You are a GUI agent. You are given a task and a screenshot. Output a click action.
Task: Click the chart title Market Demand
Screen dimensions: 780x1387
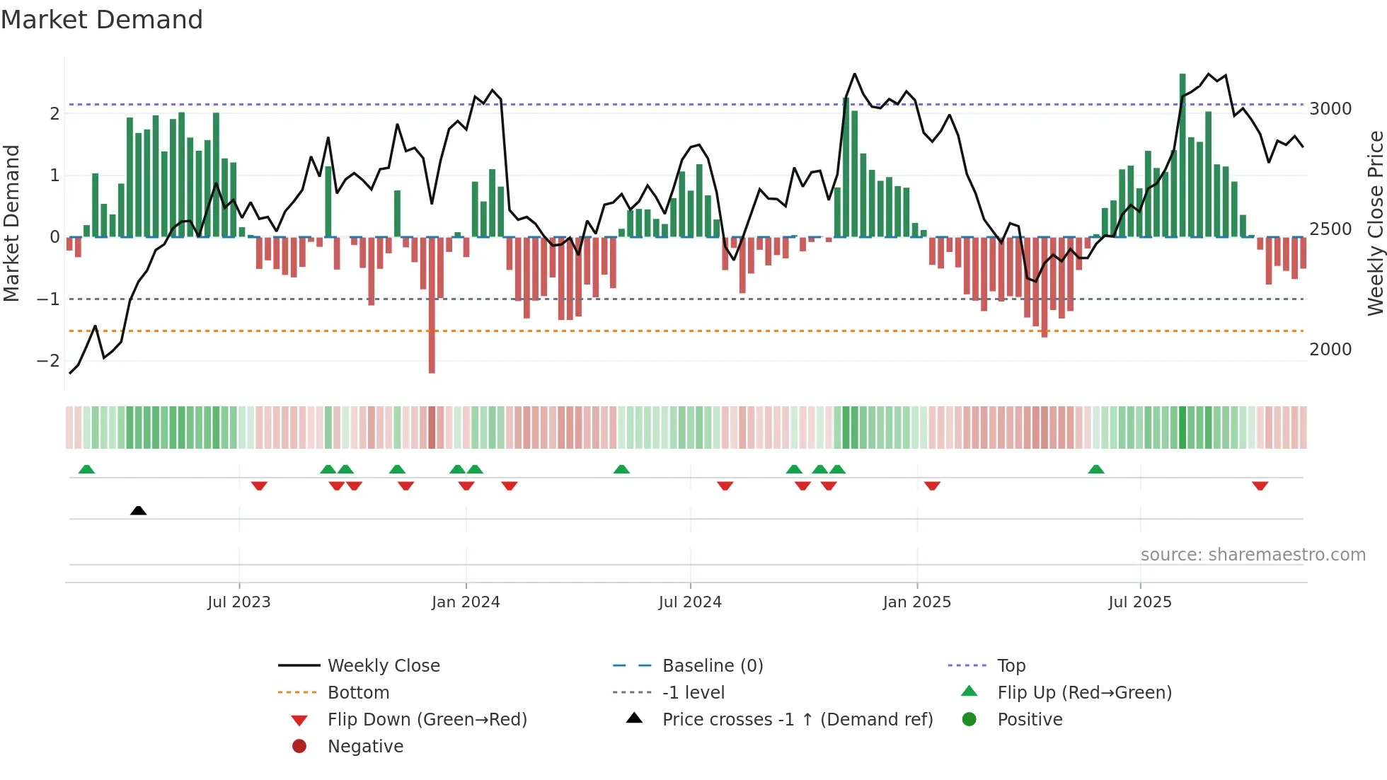(102, 20)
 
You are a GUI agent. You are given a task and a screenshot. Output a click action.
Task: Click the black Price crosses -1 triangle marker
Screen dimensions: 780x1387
(139, 510)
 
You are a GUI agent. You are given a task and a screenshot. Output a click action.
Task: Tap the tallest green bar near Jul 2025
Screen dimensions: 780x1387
(1182, 156)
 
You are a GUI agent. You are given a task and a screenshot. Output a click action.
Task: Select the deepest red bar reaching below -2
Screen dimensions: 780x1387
(432, 304)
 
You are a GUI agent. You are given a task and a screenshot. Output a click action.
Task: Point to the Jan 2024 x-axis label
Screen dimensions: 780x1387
(466, 602)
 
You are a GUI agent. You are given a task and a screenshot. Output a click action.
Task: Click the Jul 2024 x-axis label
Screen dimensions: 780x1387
(690, 602)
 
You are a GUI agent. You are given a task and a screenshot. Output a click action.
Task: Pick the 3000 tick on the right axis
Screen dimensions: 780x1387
(1330, 109)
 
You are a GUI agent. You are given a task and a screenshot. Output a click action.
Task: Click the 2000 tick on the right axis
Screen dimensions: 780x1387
(1330, 350)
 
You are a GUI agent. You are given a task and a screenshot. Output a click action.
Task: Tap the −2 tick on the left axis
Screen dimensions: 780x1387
(48, 361)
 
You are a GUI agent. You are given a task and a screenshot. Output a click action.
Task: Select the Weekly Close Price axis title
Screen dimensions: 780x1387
(1375, 223)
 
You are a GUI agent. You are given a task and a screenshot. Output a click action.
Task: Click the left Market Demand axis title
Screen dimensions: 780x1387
(11, 223)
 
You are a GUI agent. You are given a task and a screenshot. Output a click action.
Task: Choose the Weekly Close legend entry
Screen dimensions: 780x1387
(383, 666)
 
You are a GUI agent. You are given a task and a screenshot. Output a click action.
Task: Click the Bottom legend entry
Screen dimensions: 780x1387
(358, 693)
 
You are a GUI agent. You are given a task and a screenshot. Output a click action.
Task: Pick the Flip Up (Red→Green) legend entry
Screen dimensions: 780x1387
(1084, 693)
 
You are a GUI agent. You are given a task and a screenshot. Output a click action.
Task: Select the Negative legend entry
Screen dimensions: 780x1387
(365, 747)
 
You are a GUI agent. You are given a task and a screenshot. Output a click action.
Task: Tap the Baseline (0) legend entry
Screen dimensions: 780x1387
(712, 666)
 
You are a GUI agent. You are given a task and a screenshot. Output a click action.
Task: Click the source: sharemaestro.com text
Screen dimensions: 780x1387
(1253, 555)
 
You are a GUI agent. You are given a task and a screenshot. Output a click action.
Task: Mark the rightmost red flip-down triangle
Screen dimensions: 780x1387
(1260, 486)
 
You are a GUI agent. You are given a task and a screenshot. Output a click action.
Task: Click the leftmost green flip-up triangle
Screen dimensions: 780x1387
(86, 469)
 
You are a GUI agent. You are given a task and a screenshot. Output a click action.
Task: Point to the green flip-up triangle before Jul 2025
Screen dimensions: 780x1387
(1096, 469)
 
